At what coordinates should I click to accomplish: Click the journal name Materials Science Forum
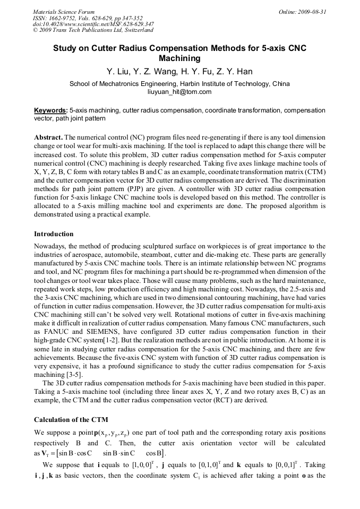[64, 12]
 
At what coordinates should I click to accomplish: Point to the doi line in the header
[93, 24]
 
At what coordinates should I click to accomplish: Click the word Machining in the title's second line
[179, 58]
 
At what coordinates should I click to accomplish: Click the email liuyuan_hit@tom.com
[179, 92]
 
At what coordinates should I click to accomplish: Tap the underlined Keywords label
[50, 110]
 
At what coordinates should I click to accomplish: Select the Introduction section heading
[54, 234]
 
